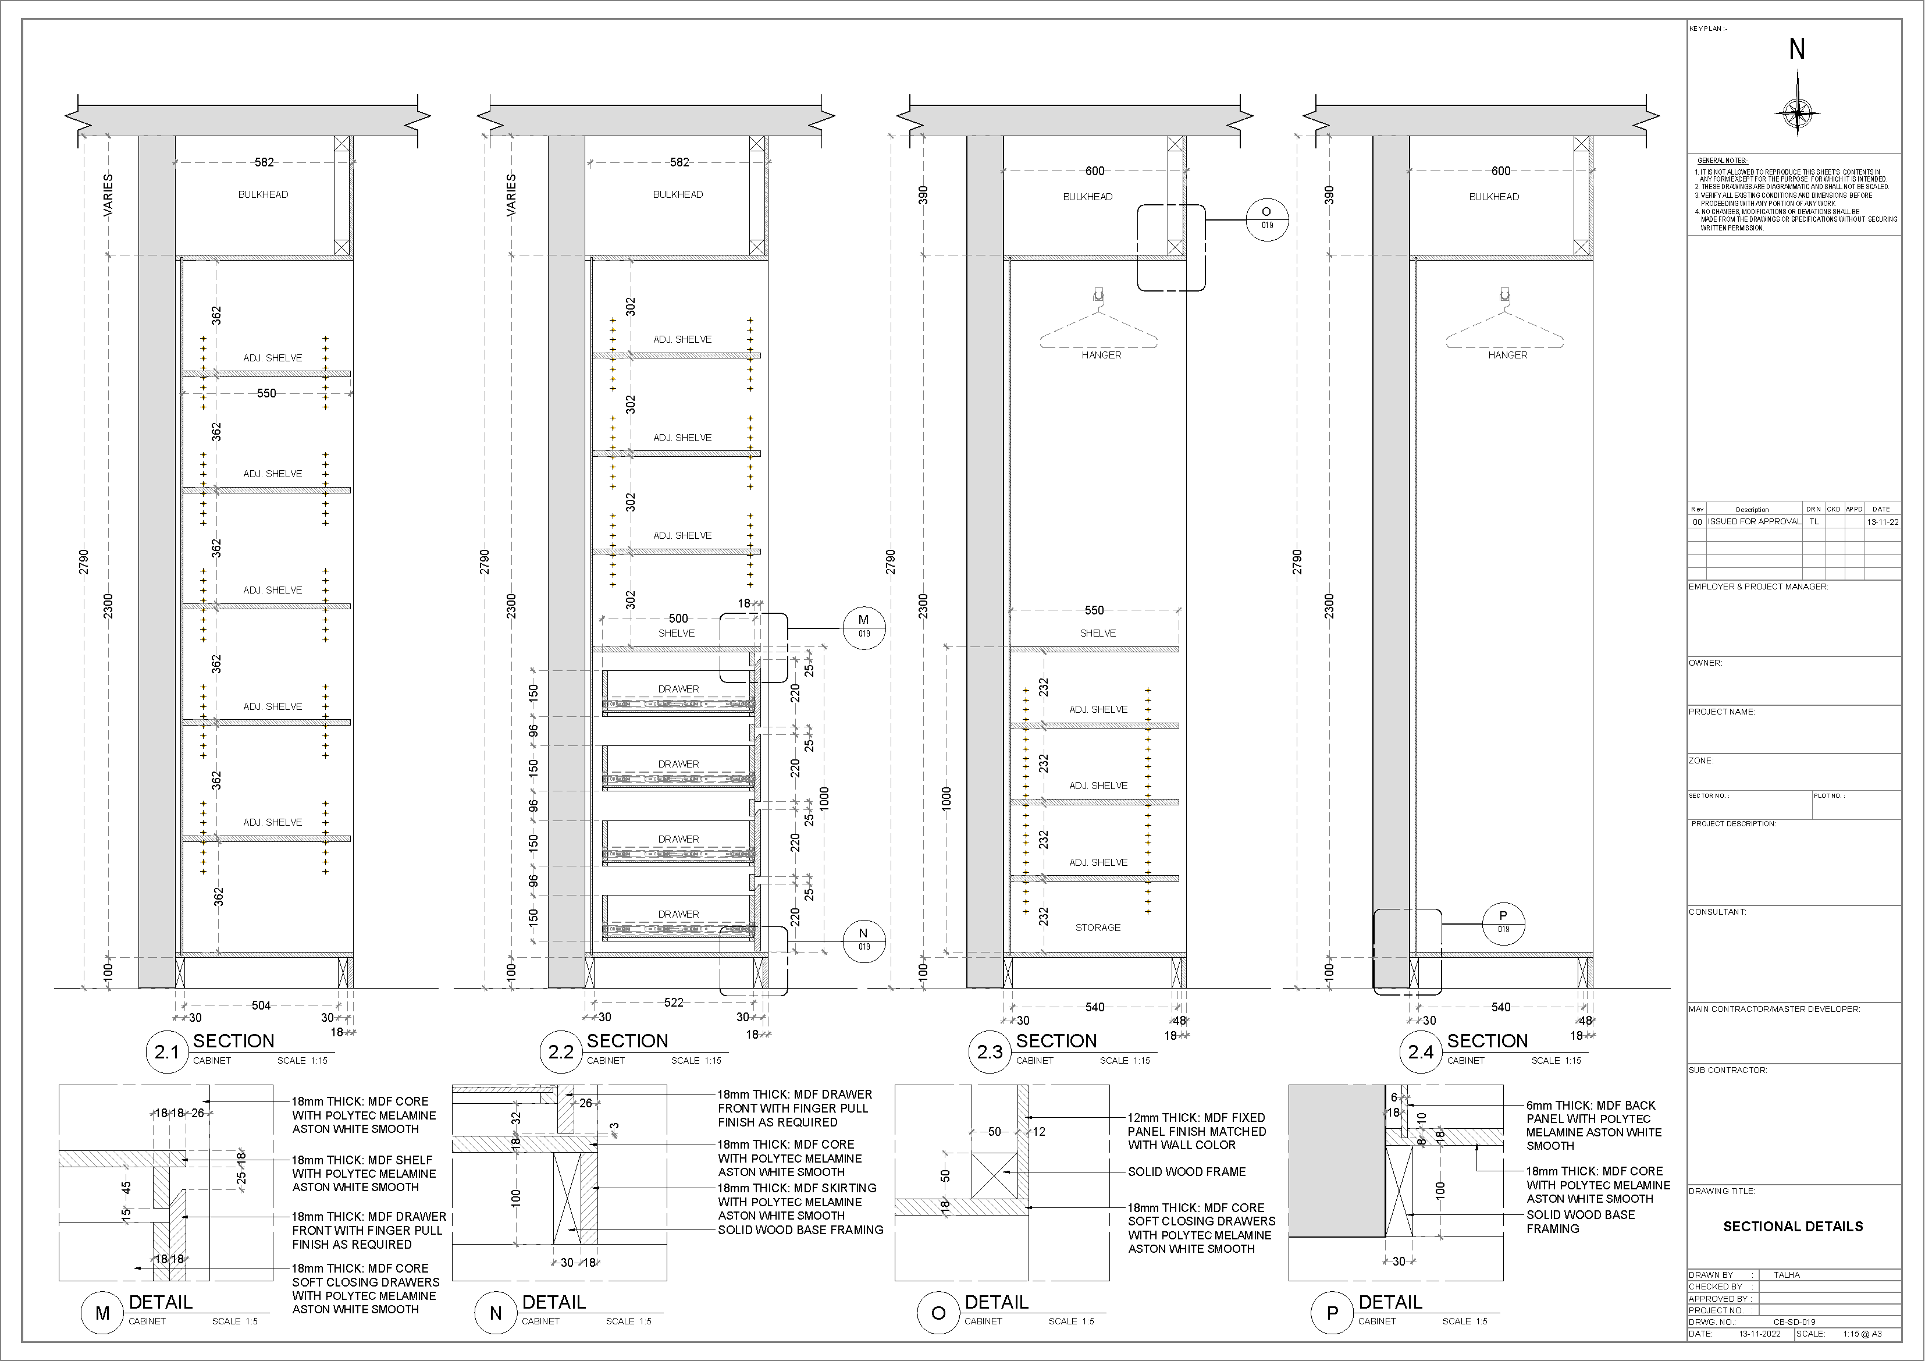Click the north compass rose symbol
pos(1796,112)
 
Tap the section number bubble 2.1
pos(167,1051)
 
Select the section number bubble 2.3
pos(990,1051)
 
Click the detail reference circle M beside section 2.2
pos(863,626)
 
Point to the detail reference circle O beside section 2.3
pos(1266,218)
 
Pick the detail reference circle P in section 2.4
pos(1503,922)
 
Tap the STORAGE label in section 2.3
pos(1098,928)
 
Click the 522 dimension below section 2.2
pos(673,1002)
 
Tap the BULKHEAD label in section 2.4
pos(1493,197)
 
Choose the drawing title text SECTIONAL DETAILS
pos(1792,1226)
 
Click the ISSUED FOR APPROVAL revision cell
pos(1754,521)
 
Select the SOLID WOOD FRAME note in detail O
pos(1186,1171)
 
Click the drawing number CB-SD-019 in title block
pos(1794,1321)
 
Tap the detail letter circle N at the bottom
pos(496,1313)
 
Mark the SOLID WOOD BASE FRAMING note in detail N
pos(800,1230)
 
